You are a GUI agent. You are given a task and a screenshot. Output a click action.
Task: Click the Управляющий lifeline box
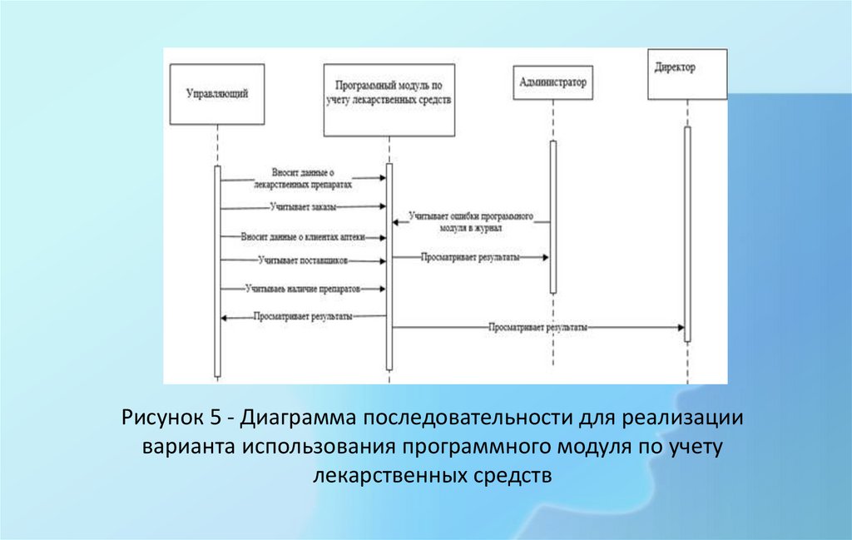(216, 94)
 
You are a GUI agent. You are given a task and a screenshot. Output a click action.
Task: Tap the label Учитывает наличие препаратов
(302, 289)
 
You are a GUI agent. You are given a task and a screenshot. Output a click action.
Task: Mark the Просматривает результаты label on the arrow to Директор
(538, 328)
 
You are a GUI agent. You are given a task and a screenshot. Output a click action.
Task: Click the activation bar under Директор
(687, 233)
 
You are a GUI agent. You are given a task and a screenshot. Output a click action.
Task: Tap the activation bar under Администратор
(552, 216)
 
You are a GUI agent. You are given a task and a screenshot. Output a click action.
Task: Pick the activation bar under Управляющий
(217, 270)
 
